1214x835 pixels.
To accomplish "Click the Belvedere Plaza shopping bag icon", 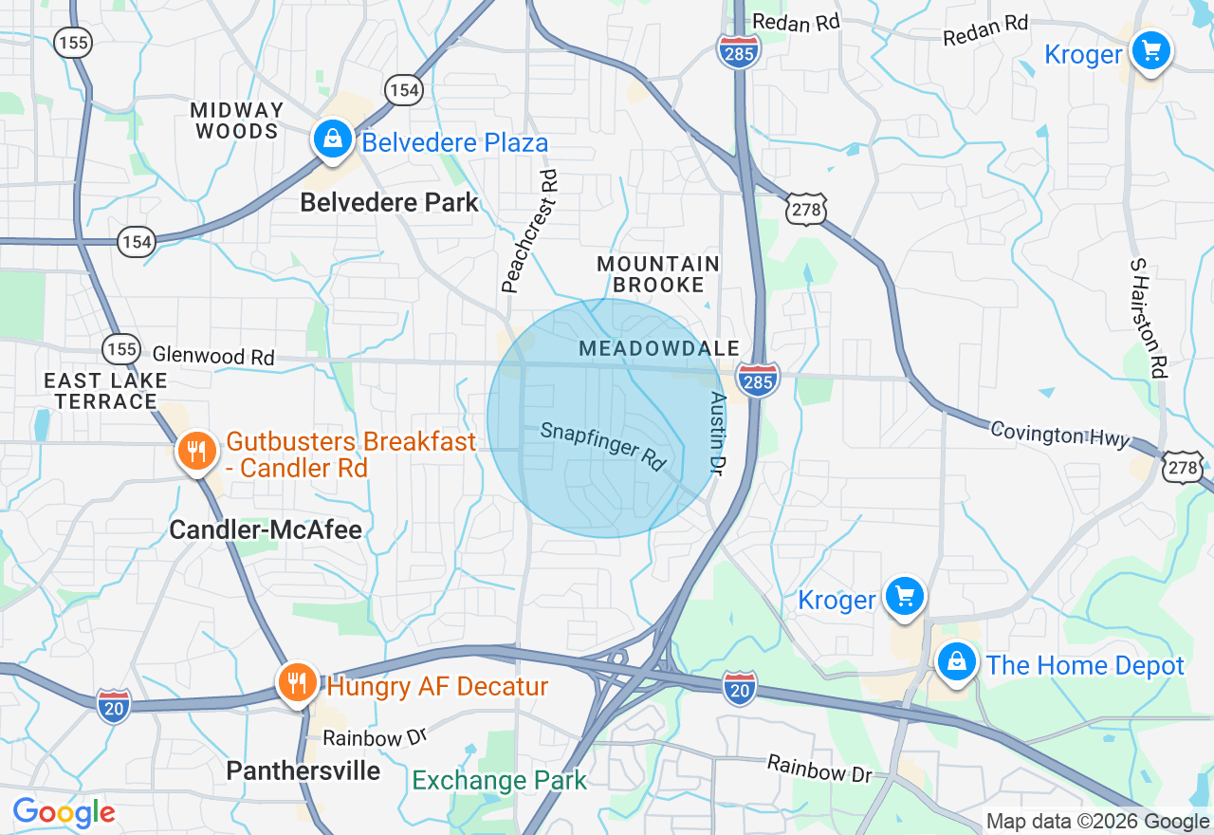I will tap(333, 139).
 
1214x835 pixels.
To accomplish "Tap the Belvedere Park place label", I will tap(389, 202).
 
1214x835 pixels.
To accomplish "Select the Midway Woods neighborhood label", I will tap(237, 121).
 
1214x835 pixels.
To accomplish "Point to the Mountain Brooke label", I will tap(658, 274).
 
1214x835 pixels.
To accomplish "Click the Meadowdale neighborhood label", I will tap(658, 349).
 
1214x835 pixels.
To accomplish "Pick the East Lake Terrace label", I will tap(105, 391).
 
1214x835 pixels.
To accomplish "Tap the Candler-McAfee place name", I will tap(266, 529).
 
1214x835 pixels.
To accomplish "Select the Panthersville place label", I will tap(303, 770).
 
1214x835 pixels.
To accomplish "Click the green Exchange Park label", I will tap(500, 781).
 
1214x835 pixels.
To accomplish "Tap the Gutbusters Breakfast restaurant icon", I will tap(196, 451).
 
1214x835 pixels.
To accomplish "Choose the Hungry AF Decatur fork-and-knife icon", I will tap(298, 682).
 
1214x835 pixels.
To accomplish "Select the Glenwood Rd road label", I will tap(213, 356).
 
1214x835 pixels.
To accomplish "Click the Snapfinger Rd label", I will tap(603, 445).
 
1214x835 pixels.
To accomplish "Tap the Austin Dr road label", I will tap(718, 434).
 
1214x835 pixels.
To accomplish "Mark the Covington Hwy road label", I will tap(1059, 434).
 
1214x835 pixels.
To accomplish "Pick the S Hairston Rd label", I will tap(1148, 318).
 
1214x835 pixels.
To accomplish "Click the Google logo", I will tap(64, 812).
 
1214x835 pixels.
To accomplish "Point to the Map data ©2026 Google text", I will tap(1097, 822).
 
